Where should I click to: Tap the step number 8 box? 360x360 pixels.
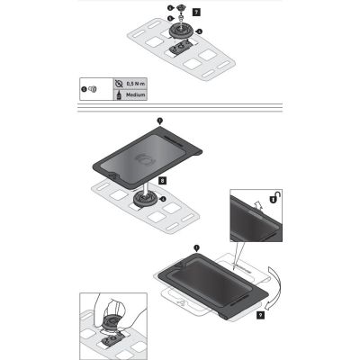(160, 181)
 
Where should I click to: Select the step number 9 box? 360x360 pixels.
(259, 315)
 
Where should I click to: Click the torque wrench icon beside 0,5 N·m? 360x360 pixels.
(119, 84)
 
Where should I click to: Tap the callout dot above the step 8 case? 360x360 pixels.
(159, 119)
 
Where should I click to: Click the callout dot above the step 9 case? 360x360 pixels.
(195, 246)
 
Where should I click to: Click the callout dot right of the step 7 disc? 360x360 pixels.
(200, 32)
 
